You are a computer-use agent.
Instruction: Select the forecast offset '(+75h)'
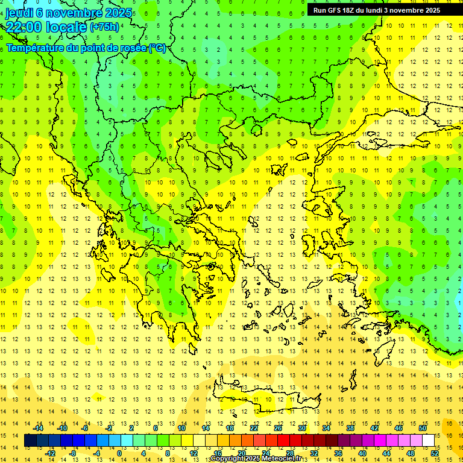[x=104, y=27]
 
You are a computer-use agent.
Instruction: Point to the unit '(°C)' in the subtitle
[x=157, y=48]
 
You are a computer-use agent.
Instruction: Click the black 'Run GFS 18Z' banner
[x=377, y=10]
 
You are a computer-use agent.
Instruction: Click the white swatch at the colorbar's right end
[x=429, y=441]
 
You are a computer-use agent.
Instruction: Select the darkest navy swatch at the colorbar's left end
[x=30, y=441]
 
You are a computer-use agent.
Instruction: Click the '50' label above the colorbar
[x=423, y=428]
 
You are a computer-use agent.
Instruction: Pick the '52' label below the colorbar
[x=435, y=453]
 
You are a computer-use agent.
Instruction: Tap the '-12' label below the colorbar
[x=50, y=453]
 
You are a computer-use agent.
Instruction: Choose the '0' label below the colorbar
[x=120, y=453]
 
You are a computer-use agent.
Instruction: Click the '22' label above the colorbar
[x=254, y=428]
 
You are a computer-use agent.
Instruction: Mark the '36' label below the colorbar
[x=338, y=453]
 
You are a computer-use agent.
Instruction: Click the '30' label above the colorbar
[x=302, y=428]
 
